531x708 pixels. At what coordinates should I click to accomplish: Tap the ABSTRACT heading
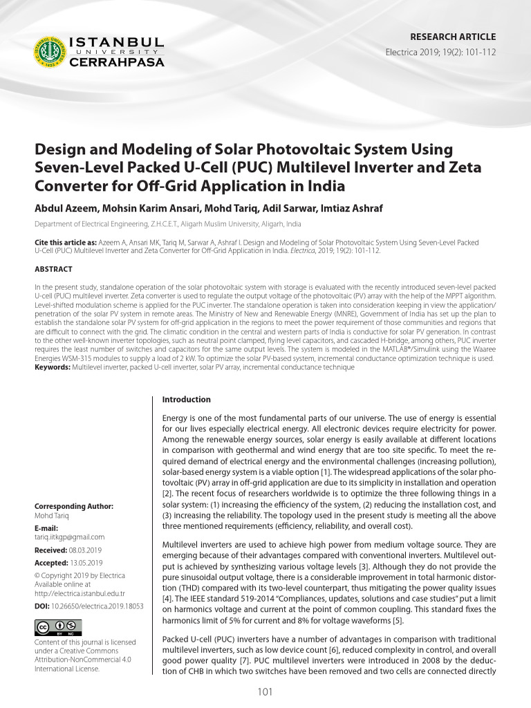coord(53,269)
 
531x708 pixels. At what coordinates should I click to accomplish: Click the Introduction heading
coord(186,400)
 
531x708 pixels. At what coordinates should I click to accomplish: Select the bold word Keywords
coord(53,368)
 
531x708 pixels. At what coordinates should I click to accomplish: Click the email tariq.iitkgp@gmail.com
coord(69,537)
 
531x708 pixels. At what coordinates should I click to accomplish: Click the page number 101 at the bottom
coord(265,692)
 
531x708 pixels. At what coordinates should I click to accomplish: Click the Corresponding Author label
coord(74,506)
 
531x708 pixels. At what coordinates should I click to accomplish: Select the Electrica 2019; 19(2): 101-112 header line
coord(440,53)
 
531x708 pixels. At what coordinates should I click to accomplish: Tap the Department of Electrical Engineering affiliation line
coord(168,225)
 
